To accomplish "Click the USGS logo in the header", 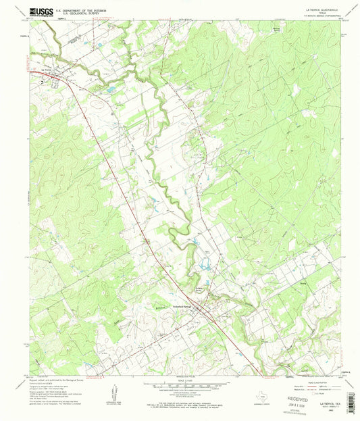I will (42, 11).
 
